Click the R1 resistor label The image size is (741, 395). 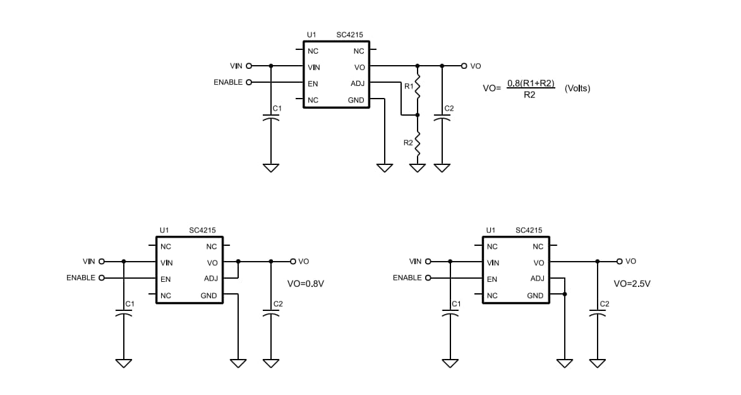408,86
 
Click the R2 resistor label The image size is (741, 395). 408,143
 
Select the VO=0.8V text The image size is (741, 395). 305,284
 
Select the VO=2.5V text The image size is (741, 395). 632,284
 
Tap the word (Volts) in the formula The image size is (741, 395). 577,88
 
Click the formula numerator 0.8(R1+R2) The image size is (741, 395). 531,83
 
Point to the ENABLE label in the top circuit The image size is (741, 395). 228,82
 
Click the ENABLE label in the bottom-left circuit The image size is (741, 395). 81,277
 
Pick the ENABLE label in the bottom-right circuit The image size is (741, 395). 407,277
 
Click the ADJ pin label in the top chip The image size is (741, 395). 357,83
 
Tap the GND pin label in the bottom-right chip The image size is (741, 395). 535,296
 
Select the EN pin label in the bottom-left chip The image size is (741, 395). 166,279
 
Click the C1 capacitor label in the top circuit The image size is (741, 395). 277,109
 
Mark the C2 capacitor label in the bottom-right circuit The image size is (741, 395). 604,304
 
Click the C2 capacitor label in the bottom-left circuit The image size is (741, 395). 278,304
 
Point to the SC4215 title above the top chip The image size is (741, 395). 349,35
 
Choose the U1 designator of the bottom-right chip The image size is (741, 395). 490,231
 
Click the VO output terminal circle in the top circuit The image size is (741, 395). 464,66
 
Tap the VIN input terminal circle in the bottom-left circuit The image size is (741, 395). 101,261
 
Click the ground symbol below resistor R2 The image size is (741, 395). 417,168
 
